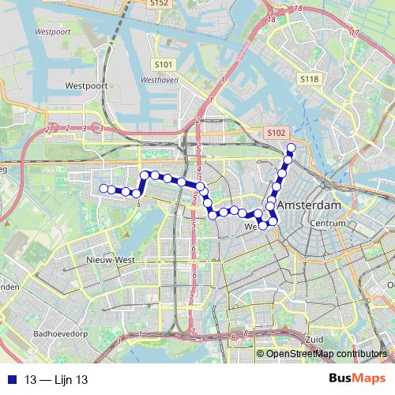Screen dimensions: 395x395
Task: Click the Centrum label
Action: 329,224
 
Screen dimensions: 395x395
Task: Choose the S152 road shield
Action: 159,4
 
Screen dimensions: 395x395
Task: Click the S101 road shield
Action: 164,64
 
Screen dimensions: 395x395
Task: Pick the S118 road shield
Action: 308,79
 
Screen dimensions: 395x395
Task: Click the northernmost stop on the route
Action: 291,148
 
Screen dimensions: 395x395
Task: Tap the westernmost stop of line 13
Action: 103,188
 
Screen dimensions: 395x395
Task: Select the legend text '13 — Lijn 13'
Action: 56,380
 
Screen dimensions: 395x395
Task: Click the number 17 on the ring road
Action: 354,33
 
